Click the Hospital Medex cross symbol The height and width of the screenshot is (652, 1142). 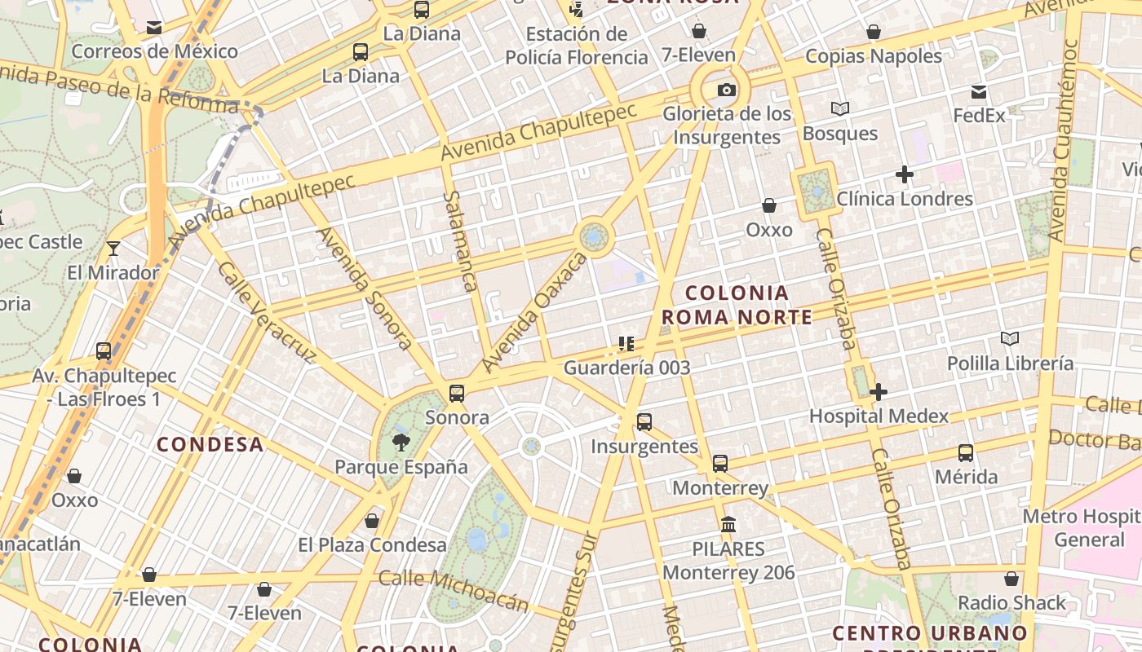coord(879,392)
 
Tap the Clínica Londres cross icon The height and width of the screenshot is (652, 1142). coord(904,174)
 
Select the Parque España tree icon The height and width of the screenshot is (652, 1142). coord(401,443)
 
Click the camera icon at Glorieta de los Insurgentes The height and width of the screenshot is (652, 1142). coord(726,90)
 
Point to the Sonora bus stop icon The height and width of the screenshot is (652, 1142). coord(457,394)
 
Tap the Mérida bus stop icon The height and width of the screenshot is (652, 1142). coord(966,452)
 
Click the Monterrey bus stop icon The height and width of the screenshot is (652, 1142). coord(719,464)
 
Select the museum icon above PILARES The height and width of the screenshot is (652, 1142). coord(728,524)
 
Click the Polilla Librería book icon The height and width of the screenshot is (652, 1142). coord(1010,339)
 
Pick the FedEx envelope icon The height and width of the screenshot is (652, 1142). coord(979,92)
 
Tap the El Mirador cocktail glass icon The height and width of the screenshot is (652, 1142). coord(113,248)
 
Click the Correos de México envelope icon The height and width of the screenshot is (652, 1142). coord(154,28)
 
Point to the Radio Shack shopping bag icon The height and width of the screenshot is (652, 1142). coord(1011,579)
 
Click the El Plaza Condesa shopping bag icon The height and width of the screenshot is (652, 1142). coord(372,520)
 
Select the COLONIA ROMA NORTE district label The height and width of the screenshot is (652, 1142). coord(737,305)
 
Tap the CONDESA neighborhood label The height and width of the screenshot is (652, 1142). coord(210,444)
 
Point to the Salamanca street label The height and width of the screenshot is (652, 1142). coord(460,241)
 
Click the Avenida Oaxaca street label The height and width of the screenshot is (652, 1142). coord(534,313)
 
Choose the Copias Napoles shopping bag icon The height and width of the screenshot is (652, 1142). coord(874,32)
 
